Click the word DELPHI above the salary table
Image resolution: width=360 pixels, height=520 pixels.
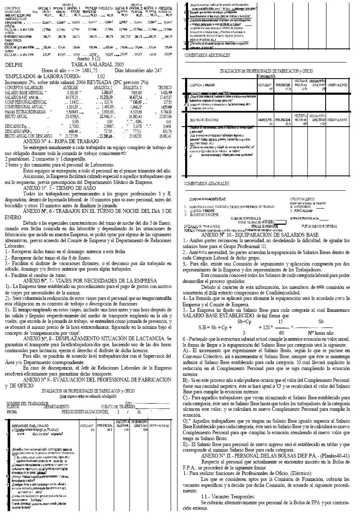click(x=14, y=65)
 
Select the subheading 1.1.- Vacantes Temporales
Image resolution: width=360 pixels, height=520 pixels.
click(x=228, y=497)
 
